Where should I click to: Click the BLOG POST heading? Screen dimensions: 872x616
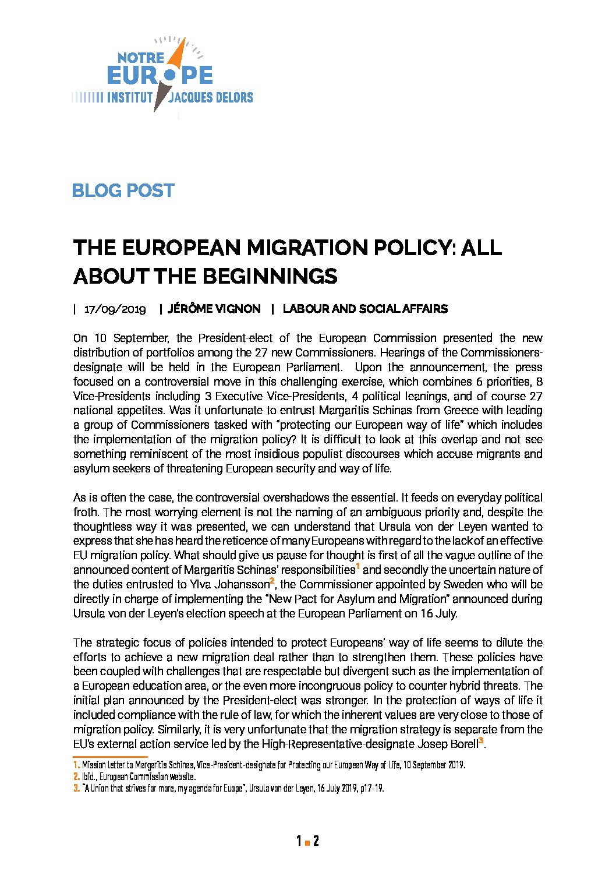click(x=123, y=190)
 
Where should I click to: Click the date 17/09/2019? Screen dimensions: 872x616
click(x=115, y=309)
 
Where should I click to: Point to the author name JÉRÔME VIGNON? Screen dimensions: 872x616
click(x=214, y=309)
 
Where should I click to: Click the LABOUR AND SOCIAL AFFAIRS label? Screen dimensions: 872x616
click(x=365, y=309)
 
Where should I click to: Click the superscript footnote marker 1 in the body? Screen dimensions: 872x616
click(x=357, y=567)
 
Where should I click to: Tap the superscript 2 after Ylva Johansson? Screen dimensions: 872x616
click(x=272, y=581)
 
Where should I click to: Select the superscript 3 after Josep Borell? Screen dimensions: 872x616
click(x=481, y=741)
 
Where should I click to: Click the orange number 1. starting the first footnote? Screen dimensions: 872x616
click(x=76, y=765)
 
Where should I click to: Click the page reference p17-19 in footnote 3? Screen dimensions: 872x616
click(x=371, y=788)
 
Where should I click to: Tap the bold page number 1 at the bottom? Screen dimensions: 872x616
click(x=299, y=841)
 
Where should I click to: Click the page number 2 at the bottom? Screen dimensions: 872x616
click(x=316, y=841)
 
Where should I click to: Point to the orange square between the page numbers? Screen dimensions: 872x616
click(x=307, y=842)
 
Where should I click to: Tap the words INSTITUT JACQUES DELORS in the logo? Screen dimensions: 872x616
click(x=180, y=97)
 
